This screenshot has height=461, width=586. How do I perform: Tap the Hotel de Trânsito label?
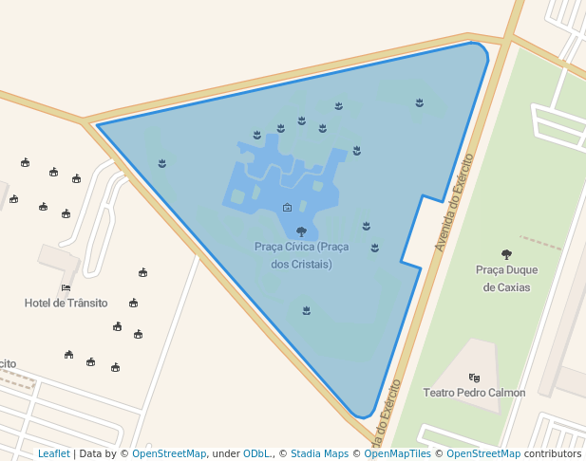66,303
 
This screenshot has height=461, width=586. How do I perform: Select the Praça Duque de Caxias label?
506,278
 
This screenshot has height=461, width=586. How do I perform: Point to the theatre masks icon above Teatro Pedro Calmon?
474,378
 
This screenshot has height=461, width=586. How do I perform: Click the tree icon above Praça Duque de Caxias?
506,254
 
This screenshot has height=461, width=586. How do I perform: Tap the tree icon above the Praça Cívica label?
301,231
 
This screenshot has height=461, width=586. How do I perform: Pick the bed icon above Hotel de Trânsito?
66,287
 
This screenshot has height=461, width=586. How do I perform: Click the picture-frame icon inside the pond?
287,207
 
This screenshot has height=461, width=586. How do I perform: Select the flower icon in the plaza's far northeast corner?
419,102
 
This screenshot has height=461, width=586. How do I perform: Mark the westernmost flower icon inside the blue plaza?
162,164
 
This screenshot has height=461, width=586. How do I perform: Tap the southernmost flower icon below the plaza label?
306,310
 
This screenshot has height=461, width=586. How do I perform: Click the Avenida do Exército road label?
454,205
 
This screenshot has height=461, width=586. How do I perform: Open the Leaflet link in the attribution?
53,453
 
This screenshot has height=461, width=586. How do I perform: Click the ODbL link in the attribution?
255,453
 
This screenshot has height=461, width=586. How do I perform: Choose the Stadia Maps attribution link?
319,453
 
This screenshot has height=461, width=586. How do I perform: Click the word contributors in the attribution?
553,453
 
